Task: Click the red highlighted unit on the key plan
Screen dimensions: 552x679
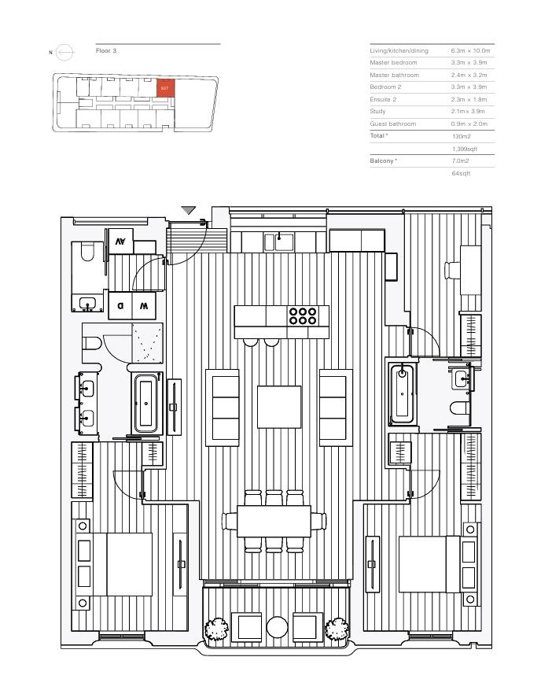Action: (165, 88)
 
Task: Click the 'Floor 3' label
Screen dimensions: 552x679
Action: (106, 50)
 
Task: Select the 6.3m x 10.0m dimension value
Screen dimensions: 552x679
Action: (470, 50)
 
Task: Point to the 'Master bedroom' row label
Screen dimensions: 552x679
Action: (393, 63)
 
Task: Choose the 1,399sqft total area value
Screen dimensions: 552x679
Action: (465, 149)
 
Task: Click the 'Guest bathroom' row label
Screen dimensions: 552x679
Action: (393, 124)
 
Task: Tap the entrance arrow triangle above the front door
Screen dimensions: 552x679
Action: (189, 210)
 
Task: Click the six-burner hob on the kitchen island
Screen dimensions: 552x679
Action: (303, 316)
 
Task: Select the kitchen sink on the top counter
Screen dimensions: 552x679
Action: (279, 242)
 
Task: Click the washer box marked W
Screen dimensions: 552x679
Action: (144, 306)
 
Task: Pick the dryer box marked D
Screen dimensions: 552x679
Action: (120, 306)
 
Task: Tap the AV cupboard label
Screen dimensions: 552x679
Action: (120, 242)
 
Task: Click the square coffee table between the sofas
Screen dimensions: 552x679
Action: (279, 407)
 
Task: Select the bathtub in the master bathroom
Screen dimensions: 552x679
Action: (146, 404)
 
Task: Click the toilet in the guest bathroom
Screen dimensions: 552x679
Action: (87, 252)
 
